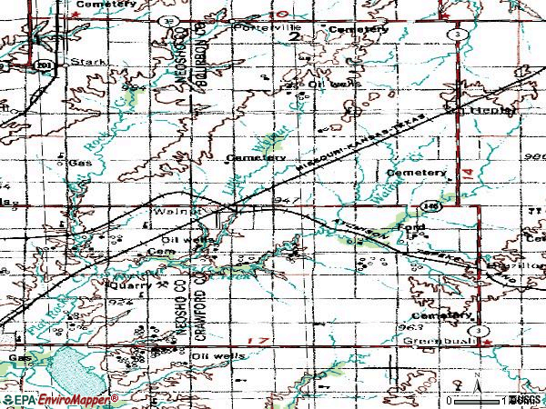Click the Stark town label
tap(94, 62)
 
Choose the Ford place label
tap(411, 225)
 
